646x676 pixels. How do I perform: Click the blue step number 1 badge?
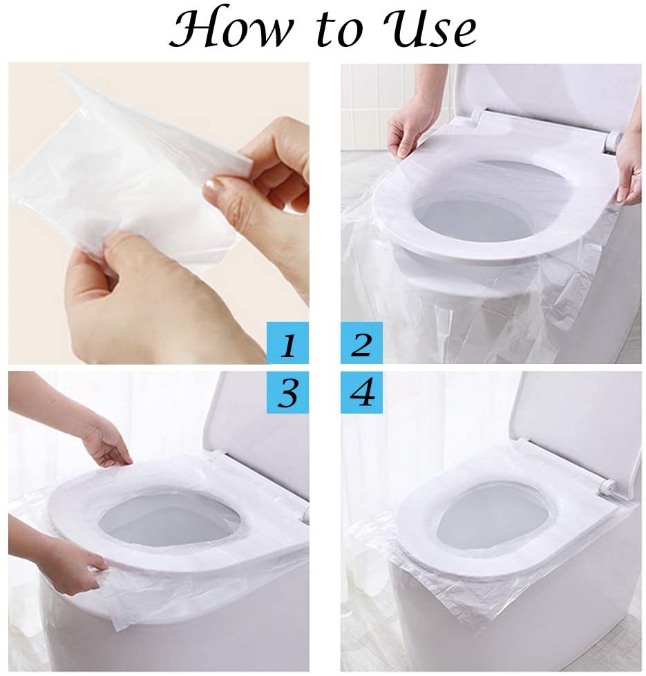[x=287, y=343]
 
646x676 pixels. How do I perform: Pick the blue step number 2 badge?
[x=361, y=343]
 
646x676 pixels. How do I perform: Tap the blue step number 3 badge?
[x=287, y=392]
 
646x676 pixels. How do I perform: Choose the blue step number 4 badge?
[x=361, y=392]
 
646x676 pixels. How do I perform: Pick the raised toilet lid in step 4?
[x=580, y=421]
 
